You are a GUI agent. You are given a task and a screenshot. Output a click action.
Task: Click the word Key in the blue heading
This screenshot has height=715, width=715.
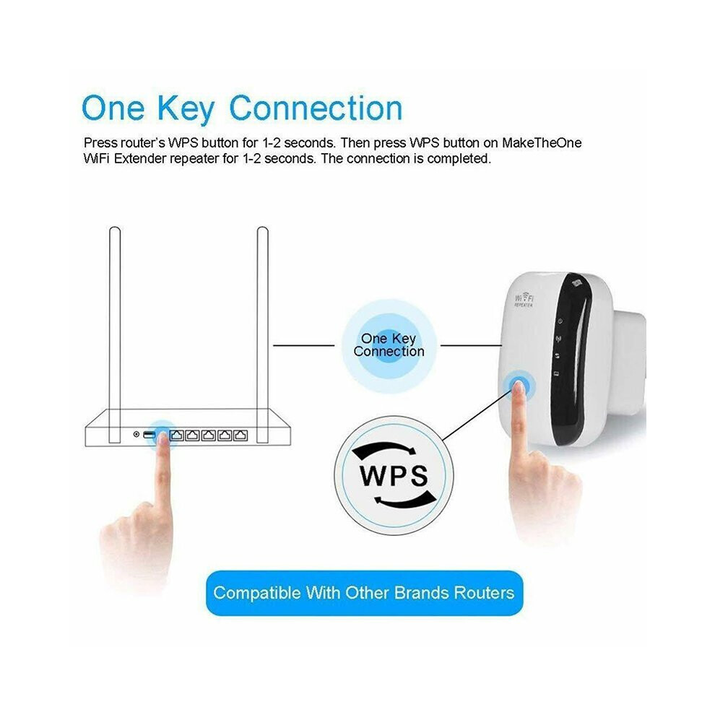[x=186, y=108]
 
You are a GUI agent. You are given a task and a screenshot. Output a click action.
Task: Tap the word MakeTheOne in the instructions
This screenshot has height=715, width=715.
[x=542, y=143]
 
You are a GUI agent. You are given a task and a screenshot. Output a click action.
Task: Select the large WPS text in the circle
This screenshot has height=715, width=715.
[x=394, y=475]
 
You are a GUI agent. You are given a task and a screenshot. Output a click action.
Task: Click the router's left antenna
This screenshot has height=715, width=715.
[x=115, y=334]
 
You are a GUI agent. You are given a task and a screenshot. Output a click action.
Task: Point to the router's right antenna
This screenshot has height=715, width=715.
[x=263, y=334]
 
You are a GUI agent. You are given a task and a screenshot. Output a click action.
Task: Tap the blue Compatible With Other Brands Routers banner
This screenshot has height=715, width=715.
[x=364, y=593]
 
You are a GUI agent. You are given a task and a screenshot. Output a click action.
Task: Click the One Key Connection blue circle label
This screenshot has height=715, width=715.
[x=389, y=345]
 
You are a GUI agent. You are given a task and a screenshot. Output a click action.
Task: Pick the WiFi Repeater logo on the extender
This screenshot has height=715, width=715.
[x=524, y=300]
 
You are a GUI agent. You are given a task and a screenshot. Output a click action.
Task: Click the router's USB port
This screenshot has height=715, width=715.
[x=149, y=435]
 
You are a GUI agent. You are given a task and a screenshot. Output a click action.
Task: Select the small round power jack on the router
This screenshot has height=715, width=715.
[x=136, y=434]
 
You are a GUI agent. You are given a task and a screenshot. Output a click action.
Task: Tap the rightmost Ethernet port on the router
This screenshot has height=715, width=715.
[x=240, y=435]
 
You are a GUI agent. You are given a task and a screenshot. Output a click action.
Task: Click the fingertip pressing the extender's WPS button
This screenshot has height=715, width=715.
[x=519, y=389]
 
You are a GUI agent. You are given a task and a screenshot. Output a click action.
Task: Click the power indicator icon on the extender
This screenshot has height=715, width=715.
[x=560, y=321]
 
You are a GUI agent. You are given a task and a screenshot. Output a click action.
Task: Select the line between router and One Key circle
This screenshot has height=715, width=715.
[x=303, y=345]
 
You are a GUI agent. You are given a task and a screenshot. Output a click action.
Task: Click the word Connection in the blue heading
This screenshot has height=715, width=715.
[x=316, y=108]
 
